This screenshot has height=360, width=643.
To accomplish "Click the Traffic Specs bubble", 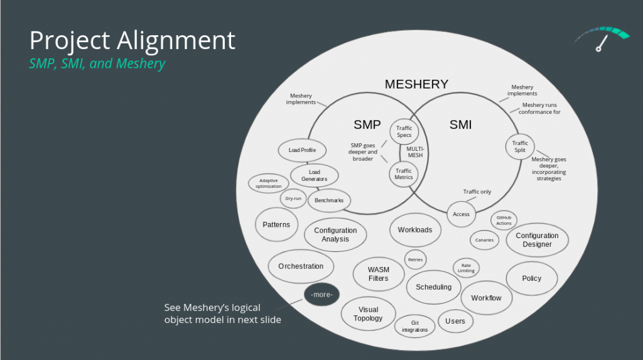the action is point(404,131).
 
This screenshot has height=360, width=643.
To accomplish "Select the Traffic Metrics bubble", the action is point(404,174).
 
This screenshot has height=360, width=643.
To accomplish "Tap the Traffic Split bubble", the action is point(520,146).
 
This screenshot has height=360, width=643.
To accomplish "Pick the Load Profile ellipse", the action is point(302,150).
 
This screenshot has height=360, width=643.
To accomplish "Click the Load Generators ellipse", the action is point(315,176).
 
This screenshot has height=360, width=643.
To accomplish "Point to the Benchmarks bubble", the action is point(329,200).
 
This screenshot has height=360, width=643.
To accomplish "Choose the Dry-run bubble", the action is point(293,199).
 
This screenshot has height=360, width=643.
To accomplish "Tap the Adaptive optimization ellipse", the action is point(269,183).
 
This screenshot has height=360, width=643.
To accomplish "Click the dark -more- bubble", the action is point(322,294).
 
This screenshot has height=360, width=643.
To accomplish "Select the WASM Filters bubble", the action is point(379,274).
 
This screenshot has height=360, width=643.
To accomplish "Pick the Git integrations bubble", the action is point(414,326).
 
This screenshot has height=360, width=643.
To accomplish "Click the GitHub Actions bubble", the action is point(504,221).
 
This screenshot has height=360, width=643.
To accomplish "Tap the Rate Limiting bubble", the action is point(467,268).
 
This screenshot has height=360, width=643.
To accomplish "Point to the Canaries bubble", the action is point(484,240).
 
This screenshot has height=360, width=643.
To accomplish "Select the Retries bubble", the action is point(416,259).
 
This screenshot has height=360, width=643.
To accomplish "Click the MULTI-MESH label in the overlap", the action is point(415,152).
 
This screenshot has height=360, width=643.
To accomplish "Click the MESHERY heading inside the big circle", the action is point(417,84).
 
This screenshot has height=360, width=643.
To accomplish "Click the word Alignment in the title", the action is point(176,40).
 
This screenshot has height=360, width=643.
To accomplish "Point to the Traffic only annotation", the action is point(477,192).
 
